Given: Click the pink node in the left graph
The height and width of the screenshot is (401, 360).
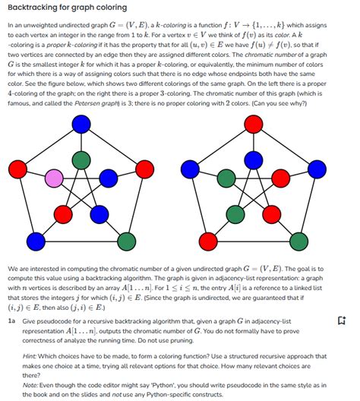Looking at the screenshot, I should click(54, 179).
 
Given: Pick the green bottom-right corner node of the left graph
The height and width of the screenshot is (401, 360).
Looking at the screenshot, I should click(125, 243).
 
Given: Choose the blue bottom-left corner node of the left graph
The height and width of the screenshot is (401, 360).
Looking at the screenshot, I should click(38, 243).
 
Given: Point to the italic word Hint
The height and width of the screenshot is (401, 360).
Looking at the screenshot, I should click(30, 356).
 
